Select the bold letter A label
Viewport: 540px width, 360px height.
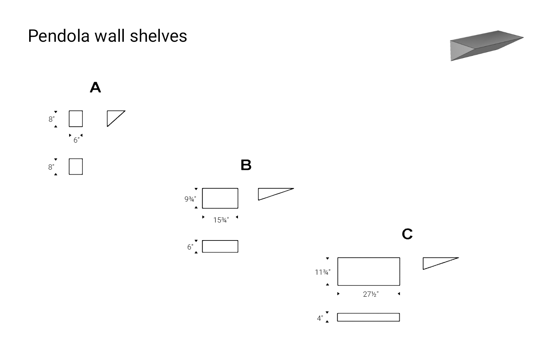(x=95, y=87)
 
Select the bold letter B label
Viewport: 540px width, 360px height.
(x=246, y=165)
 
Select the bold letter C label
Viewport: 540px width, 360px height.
(x=407, y=234)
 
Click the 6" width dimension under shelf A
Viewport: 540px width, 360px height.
(x=76, y=140)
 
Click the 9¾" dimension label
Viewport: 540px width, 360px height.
(x=190, y=199)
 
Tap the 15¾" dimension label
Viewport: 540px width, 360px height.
(x=221, y=220)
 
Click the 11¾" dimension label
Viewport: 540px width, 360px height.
(x=323, y=273)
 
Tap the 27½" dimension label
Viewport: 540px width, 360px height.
(x=370, y=294)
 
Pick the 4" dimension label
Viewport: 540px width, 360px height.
(x=320, y=318)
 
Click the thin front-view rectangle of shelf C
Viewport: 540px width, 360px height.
(x=368, y=317)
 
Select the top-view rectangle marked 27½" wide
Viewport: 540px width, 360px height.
(x=368, y=271)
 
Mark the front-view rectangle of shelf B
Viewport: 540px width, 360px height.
(x=220, y=247)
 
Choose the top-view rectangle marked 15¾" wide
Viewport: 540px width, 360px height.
(x=220, y=198)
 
